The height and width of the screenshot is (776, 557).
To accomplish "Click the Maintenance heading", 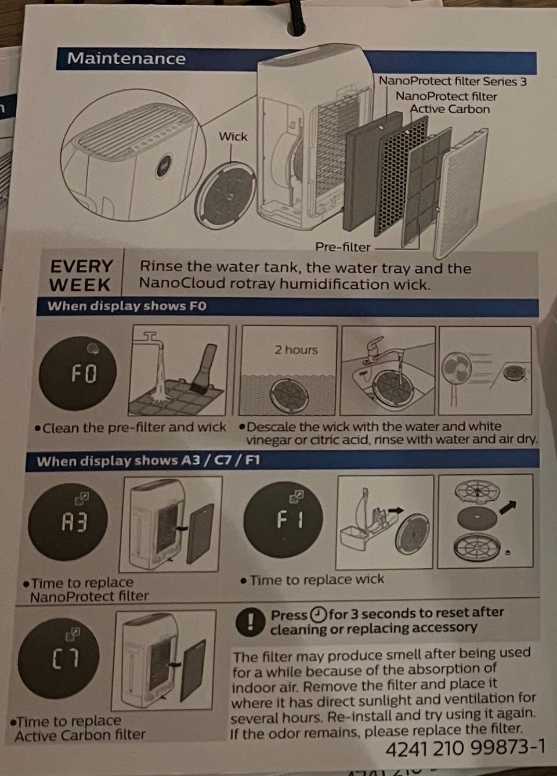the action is [126, 58].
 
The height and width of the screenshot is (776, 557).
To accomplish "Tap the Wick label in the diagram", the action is [233, 136].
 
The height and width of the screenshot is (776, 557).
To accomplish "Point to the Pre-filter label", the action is [342, 247].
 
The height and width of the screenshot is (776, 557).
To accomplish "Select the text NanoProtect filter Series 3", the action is [453, 81].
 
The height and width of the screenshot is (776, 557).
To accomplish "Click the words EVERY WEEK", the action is [81, 276].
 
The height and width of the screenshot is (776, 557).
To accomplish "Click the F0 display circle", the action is [78, 373].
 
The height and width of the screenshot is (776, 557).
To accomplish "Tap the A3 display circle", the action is [68, 521].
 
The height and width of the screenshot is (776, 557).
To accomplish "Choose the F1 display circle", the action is [283, 519].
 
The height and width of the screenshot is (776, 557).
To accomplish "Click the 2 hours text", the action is [296, 350].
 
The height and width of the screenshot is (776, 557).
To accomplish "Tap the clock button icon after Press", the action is [318, 615].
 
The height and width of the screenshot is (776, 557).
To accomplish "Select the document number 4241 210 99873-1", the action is [465, 748].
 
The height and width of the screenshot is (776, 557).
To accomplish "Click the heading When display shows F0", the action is [127, 306].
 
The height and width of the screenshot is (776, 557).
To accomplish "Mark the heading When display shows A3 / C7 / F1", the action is [149, 461].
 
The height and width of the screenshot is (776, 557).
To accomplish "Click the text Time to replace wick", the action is [317, 579].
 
